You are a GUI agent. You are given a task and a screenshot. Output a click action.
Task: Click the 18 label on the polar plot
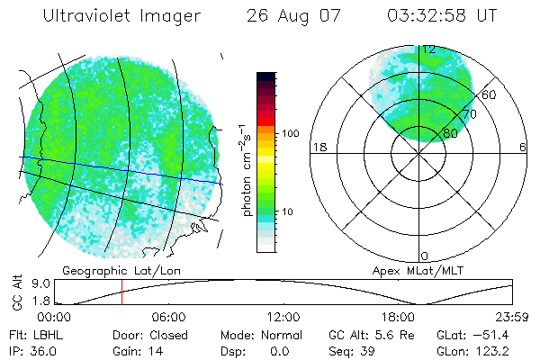pos(318,147)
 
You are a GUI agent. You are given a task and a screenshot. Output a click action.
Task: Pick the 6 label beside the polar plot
pos(523,147)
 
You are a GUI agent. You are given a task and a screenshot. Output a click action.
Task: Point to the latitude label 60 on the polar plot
pos(490,94)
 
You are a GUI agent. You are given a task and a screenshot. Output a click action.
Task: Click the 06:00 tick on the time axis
pos(168,317)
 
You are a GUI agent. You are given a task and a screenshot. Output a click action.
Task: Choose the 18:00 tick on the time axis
pos(399,317)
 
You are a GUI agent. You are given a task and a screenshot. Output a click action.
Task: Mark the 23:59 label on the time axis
pos(513,317)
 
